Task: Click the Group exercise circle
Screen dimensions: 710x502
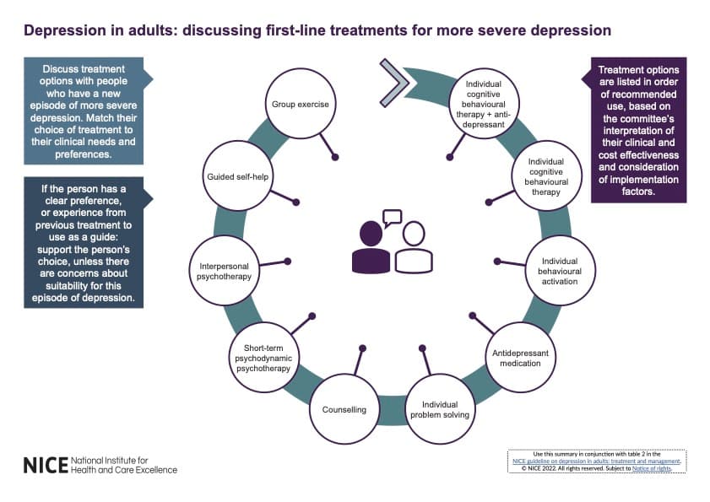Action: pos(301,104)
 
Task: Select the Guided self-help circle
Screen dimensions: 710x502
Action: pos(238,176)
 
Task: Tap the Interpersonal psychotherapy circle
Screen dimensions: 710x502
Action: pos(224,271)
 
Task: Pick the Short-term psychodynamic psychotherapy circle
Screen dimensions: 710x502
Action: pos(263,358)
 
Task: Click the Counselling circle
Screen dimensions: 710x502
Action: pos(344,409)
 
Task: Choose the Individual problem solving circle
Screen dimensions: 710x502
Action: pos(440,409)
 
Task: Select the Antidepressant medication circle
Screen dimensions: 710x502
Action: pos(520,358)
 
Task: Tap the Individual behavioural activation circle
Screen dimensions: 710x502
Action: pos(560,271)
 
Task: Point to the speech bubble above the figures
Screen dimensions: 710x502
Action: pos(392,218)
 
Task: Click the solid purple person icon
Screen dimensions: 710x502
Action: pos(371,247)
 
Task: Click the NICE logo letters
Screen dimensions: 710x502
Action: pos(46,466)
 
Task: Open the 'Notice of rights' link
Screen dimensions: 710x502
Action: pos(652,468)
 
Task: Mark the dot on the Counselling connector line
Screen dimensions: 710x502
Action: pos(363,348)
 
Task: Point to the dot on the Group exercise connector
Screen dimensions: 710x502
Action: pos(335,157)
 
